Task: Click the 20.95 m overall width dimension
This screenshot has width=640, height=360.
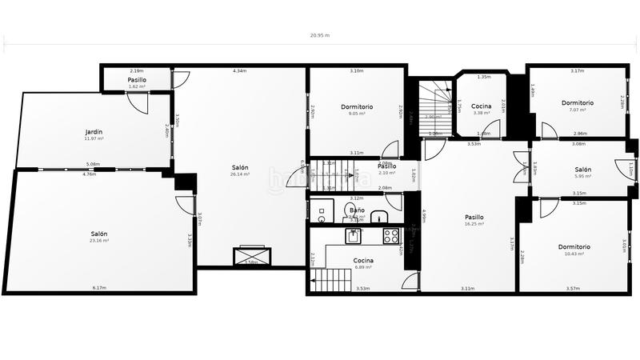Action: (x=320, y=35)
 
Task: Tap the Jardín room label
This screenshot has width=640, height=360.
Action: (x=94, y=132)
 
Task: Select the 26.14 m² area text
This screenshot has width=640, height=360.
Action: (x=239, y=174)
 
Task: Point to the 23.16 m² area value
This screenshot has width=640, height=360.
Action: (x=99, y=241)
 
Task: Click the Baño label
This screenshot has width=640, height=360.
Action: (x=356, y=210)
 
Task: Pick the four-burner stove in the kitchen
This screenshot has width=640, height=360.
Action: (x=391, y=235)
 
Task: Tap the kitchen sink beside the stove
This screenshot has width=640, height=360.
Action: (x=354, y=235)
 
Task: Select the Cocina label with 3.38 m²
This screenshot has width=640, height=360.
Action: (x=481, y=106)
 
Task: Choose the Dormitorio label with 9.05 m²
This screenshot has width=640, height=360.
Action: (x=357, y=106)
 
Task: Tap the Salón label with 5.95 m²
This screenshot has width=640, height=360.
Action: (x=582, y=170)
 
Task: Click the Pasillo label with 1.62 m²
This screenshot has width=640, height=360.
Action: (x=136, y=80)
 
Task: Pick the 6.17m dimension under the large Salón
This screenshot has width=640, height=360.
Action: (x=99, y=288)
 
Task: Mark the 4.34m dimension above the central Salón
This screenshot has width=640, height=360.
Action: (x=239, y=71)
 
